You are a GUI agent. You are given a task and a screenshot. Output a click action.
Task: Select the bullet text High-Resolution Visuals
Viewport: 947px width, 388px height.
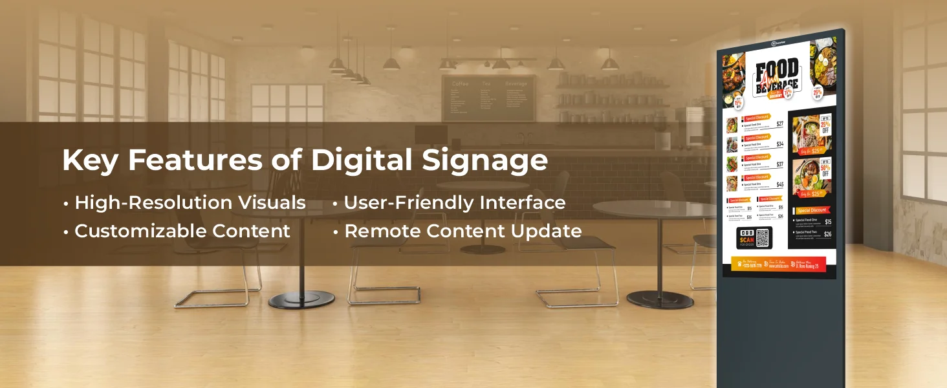coord(190,203)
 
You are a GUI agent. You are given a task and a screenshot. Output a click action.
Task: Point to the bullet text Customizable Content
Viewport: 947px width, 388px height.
coord(182,231)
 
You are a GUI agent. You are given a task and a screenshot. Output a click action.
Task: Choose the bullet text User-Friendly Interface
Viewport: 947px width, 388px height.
coord(455,203)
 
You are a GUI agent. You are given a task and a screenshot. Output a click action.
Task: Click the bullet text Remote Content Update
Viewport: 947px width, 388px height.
coord(463,231)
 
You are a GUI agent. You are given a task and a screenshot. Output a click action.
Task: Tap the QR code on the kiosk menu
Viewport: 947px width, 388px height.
coord(763,238)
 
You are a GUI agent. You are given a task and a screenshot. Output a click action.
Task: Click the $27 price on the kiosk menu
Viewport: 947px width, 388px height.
coord(779,124)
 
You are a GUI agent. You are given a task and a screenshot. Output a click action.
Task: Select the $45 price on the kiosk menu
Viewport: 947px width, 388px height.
coord(779,184)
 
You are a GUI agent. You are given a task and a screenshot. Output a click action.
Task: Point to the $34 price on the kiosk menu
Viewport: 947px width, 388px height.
coord(779,144)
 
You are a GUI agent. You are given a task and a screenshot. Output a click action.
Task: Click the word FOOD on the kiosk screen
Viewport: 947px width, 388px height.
coord(776,70)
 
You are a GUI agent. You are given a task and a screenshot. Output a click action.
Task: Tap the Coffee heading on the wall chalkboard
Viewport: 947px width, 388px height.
coord(460,84)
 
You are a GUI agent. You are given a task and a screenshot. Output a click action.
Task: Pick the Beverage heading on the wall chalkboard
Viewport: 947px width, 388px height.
coord(516,84)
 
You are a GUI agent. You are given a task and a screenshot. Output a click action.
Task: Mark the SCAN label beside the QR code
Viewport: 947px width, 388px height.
coord(746,240)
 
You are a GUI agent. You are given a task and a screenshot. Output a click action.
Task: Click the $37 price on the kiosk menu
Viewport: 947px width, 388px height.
coord(779,164)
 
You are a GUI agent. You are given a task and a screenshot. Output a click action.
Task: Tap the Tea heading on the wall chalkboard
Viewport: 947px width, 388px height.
coord(486,84)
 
